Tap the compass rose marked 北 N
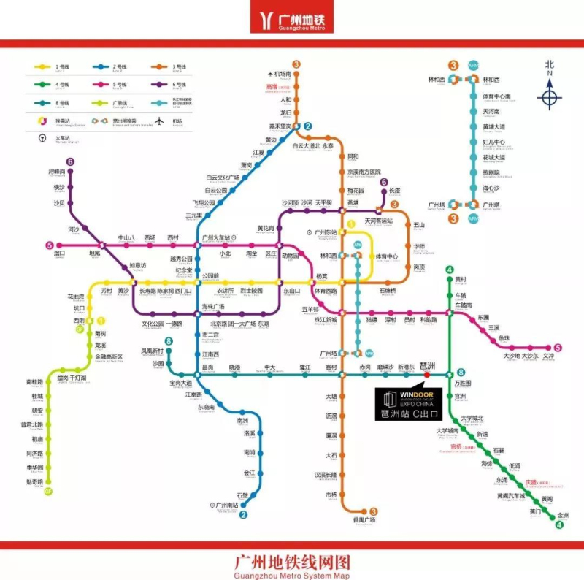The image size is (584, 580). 550,96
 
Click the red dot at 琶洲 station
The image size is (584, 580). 426,375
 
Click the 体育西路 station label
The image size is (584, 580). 326,291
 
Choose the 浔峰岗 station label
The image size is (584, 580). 57,172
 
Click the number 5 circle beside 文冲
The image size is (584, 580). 558,348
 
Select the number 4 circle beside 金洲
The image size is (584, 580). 561,524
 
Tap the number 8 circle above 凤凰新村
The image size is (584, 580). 169,342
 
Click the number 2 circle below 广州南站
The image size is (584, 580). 244,514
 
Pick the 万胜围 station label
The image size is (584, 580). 464,383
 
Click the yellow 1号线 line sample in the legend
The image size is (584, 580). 43,67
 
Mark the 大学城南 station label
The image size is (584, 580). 447,431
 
